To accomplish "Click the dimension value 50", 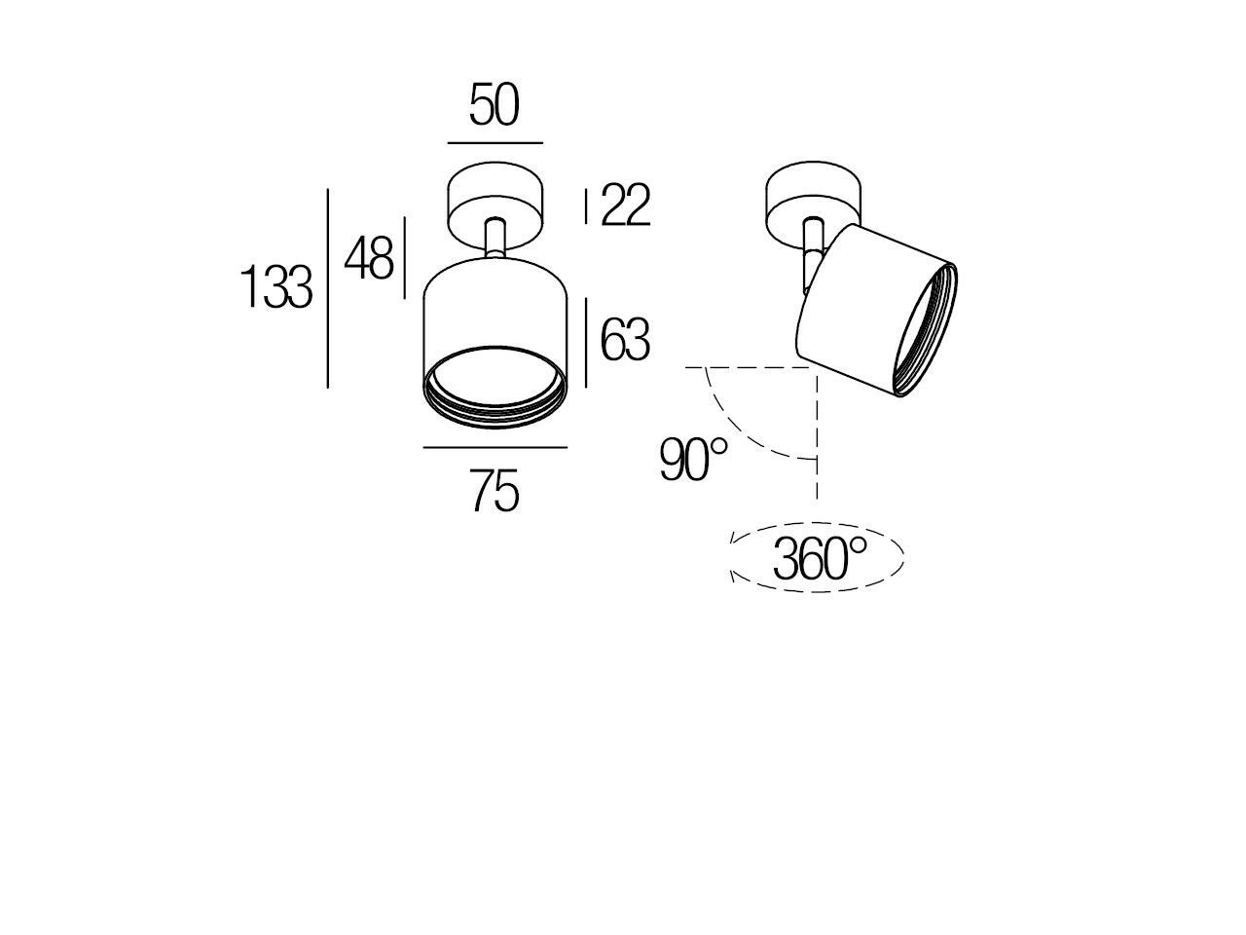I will (495, 106).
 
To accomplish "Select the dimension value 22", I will (625, 206).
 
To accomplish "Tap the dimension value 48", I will (369, 260).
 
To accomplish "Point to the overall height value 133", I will (276, 289).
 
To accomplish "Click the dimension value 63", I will (625, 341).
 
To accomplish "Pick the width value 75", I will (495, 492).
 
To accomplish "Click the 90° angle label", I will (693, 460).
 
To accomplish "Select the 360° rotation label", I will (819, 559).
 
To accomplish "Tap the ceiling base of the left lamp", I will (495, 200).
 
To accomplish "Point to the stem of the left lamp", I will (495, 240).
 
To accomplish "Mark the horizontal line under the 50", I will (495, 143).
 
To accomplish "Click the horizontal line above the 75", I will (495, 448).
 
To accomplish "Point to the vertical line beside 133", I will (328, 288).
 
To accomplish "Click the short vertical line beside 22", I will (585, 206).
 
